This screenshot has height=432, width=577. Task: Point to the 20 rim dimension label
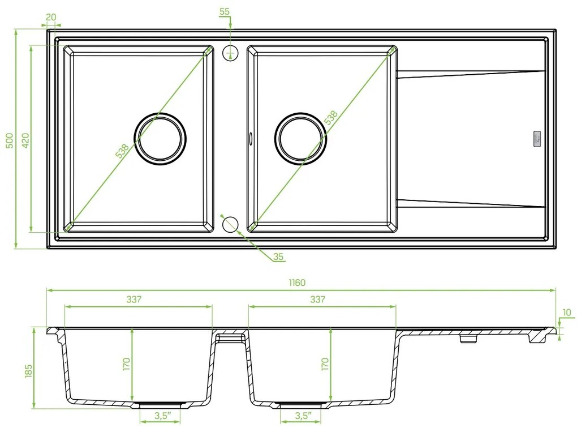tap(51, 17)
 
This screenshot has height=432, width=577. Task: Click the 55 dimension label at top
tap(224, 11)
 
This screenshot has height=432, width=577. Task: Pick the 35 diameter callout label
tap(278, 257)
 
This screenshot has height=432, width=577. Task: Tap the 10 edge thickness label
tap(567, 313)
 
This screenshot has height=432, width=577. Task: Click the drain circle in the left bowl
tap(160, 139)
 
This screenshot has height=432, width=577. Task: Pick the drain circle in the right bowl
tap(300, 139)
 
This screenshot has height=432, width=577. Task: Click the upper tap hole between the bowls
tap(230, 53)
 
